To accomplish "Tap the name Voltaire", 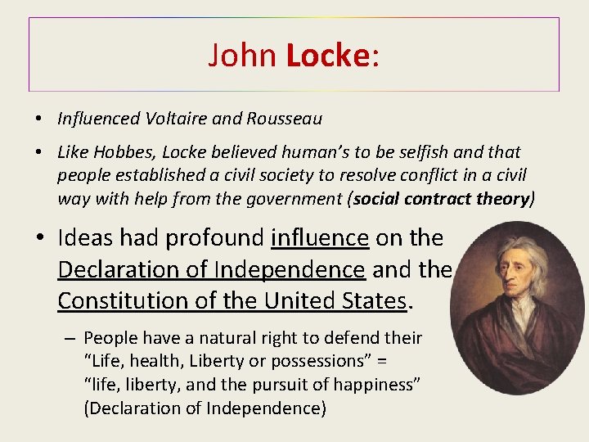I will point(174,119).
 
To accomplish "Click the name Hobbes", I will point(122,152).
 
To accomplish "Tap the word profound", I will point(214,238).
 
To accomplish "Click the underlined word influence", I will point(320,238).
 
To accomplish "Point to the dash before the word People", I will point(69,337).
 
